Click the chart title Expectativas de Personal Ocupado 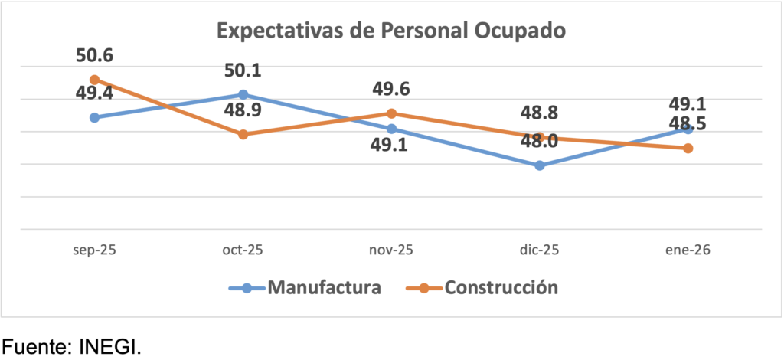391,31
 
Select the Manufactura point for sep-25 94,117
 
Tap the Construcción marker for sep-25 94,80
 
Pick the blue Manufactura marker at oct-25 243,95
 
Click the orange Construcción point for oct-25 243,134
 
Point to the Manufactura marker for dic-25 540,165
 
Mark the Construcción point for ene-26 688,148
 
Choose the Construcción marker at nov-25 391,113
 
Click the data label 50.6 94,56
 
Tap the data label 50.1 243,71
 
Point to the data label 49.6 391,90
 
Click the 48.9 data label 243,111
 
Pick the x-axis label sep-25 94,250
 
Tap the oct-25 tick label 243,250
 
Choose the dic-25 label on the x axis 540,250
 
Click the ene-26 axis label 688,250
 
